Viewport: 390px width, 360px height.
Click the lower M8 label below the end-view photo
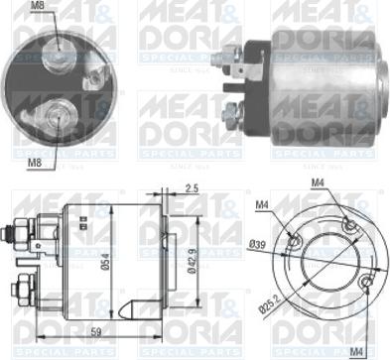[x=34, y=163]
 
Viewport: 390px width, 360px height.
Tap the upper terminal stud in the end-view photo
[x=59, y=44]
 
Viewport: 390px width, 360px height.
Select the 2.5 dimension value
[x=191, y=187]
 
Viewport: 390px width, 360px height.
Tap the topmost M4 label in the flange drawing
[x=319, y=181]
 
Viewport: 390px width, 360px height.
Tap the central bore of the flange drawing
[x=327, y=261]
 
